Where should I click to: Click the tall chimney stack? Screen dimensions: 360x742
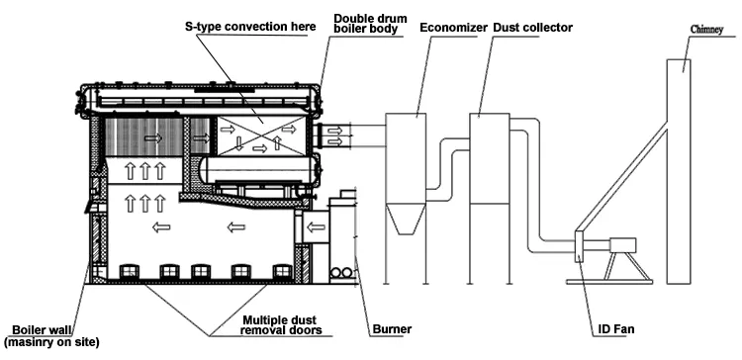pyautogui.click(x=678, y=168)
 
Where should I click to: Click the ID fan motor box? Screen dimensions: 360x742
pyautogui.click(x=624, y=243)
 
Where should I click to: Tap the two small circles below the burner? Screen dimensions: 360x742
pyautogui.click(x=341, y=272)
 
